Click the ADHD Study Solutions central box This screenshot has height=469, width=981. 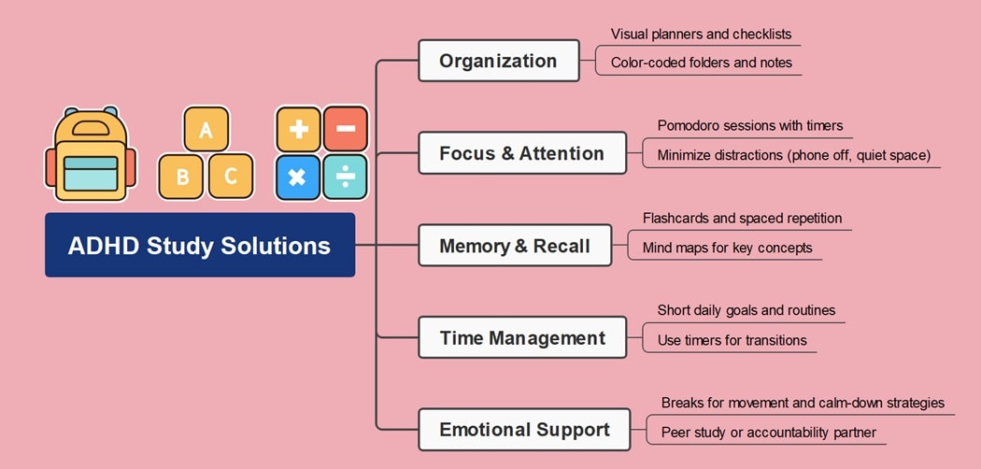coord(199,246)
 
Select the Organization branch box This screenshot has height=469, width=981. coord(498,61)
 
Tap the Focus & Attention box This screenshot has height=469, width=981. coord(521,153)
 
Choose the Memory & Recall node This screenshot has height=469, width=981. coord(514,246)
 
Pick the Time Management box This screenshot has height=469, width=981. coord(521,338)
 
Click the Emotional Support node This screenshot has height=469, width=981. coord(523,430)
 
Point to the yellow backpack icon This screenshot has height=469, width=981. coord(91,155)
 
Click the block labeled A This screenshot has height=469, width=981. coord(206,130)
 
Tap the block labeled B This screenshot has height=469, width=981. coord(181,177)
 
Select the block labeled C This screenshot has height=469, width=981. coord(231,176)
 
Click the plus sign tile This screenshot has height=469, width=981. coord(298,129)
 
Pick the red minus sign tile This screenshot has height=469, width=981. coord(346,129)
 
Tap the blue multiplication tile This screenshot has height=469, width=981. coord(298,177)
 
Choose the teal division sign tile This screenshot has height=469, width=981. coord(346,177)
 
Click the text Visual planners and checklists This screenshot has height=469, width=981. coord(701,35)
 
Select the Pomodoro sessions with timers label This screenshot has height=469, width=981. coord(749,126)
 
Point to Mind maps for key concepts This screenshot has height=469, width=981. coord(727,249)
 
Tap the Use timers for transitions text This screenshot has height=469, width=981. coord(732,340)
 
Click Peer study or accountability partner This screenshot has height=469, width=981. coord(768,433)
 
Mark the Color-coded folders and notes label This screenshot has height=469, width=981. coord(701,64)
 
